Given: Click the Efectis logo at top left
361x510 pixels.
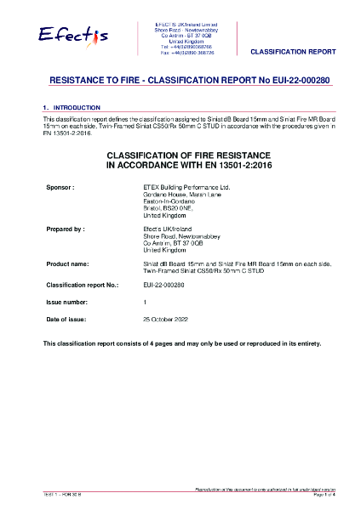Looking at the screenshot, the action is point(73,35).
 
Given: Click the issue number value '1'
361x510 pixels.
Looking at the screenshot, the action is point(145,303).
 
